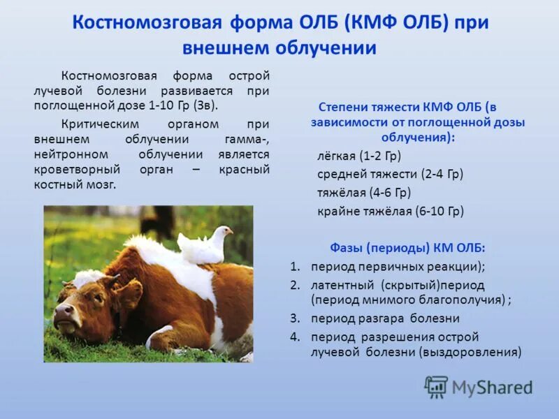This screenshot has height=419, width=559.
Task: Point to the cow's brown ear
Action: [x=130, y=293]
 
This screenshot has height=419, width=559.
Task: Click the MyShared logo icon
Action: [x=436, y=387]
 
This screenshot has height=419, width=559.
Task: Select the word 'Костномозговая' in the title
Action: [x=146, y=22]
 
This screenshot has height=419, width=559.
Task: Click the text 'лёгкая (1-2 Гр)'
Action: [x=359, y=156]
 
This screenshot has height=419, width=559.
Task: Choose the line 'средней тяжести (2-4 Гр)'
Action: [x=390, y=174]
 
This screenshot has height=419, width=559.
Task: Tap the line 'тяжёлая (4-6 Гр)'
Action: [x=364, y=192]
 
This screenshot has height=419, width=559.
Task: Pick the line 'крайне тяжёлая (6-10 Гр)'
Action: [x=390, y=210]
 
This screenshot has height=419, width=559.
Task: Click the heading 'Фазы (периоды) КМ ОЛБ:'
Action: [x=407, y=248]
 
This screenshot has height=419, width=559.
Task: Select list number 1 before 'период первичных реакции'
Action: [x=295, y=267]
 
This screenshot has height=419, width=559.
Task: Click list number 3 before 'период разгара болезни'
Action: [x=295, y=318]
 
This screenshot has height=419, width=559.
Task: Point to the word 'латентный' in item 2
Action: [x=343, y=285]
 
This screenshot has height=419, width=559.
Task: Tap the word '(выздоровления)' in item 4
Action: [x=470, y=352]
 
